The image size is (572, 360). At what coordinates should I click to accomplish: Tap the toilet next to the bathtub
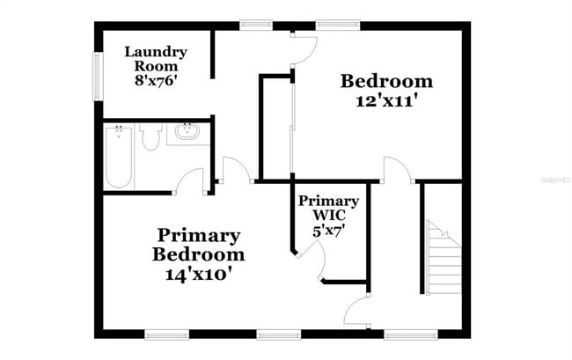pyautogui.click(x=149, y=136)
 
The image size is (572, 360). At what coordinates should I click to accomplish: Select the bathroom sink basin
pyautogui.click(x=187, y=133)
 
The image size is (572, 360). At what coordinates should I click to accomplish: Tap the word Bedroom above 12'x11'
pyautogui.click(x=386, y=82)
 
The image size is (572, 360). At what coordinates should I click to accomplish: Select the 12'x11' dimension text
pyautogui.click(x=386, y=101)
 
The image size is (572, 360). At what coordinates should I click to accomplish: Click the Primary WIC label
pyautogui.click(x=328, y=208)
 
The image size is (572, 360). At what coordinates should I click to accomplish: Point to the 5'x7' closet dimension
pyautogui.click(x=328, y=231)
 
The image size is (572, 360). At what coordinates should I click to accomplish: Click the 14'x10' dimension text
pyautogui.click(x=198, y=274)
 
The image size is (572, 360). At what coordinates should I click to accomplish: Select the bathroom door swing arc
pyautogui.click(x=191, y=180)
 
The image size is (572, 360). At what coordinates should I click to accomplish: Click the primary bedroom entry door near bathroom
pyautogui.click(x=232, y=170)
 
